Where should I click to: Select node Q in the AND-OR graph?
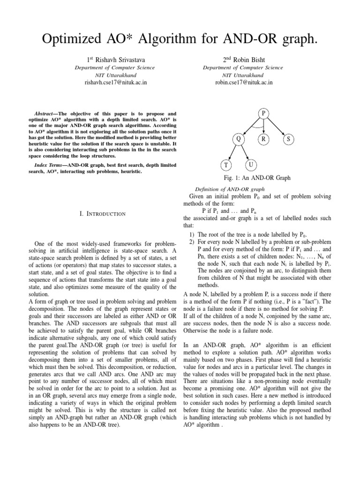[239, 139]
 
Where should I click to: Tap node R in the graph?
[263, 139]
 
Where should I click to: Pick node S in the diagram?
[288, 139]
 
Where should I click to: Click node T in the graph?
[226, 166]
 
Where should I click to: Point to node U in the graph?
[251, 165]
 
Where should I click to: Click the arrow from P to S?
[277, 127]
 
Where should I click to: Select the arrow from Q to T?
[232, 153]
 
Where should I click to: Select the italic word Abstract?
[46, 114]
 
